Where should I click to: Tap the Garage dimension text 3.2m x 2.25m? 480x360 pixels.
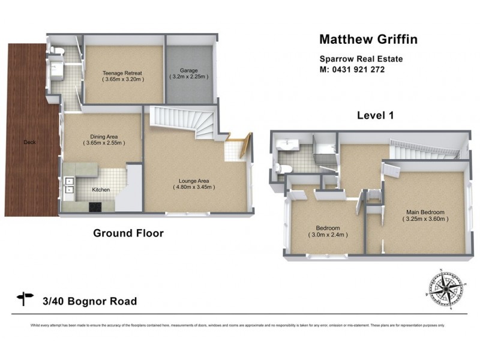tap(189, 77)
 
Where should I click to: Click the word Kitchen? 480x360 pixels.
tap(101, 190)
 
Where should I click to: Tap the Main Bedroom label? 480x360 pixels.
tap(425, 212)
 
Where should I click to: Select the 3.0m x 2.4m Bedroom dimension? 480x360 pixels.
tap(328, 235)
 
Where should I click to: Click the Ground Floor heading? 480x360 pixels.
tap(128, 233)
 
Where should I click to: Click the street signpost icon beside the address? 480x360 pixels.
tap(26, 298)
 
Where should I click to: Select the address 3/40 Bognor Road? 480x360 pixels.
tap(90, 301)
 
